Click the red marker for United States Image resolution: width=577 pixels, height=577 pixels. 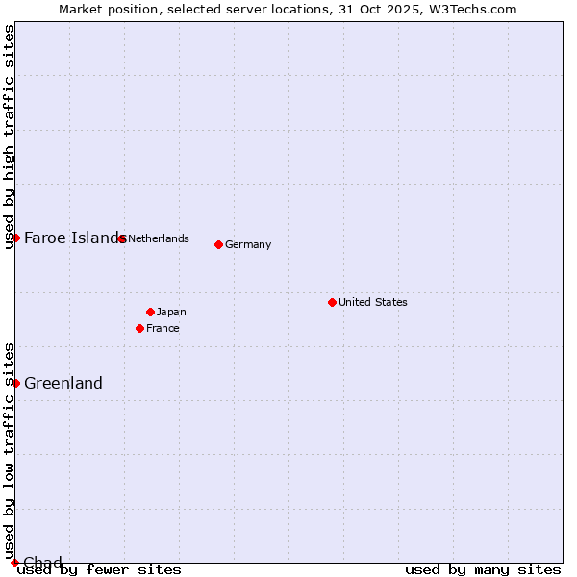[332, 302]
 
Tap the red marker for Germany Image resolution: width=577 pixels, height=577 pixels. [218, 244]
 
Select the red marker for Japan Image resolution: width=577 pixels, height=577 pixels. [150, 312]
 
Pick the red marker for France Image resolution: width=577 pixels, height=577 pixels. [139, 328]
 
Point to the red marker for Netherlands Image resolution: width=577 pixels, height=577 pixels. [121, 238]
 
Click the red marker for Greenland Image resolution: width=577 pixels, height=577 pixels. [15, 383]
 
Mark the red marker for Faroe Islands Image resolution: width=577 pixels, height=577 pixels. [15, 238]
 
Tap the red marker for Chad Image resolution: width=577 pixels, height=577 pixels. [14, 563]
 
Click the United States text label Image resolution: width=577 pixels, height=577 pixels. [373, 302]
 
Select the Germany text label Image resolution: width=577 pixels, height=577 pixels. [248, 244]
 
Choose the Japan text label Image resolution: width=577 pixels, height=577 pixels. [171, 312]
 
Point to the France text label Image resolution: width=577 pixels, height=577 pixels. [163, 328]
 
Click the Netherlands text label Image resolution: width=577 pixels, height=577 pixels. [159, 238]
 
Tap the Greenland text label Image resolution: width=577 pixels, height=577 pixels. [63, 383]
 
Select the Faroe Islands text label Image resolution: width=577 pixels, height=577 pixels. [73, 238]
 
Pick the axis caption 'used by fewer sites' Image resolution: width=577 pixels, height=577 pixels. [99, 569]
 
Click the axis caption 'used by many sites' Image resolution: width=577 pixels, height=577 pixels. [483, 569]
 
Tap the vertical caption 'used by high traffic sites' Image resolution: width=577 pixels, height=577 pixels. [9, 137]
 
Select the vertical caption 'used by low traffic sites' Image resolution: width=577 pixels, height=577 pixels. [9, 450]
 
